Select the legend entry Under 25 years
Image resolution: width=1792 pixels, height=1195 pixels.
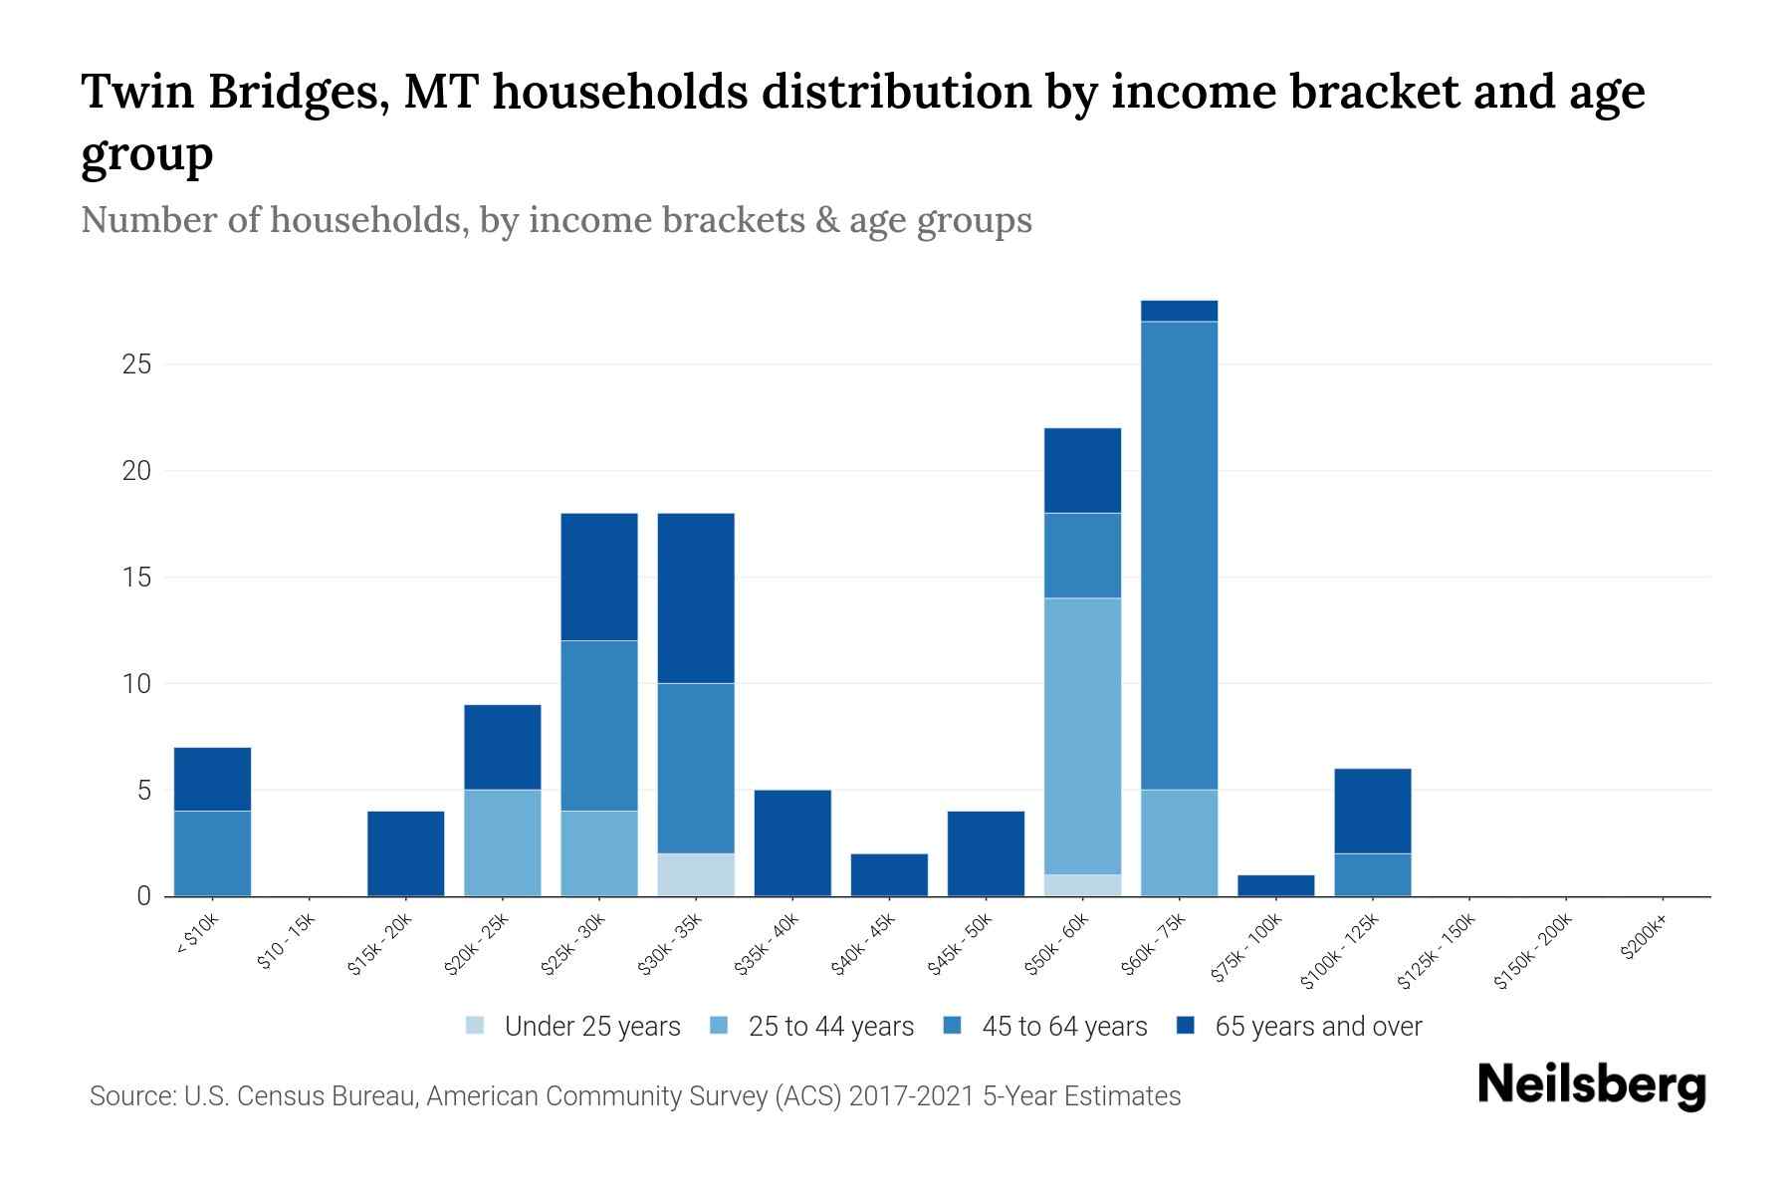tap(591, 1027)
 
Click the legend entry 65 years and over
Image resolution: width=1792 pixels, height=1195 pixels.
tap(1317, 1027)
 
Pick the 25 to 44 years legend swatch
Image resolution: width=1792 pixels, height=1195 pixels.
tap(719, 1026)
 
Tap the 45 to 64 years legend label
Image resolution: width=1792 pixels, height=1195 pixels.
tap(1063, 1027)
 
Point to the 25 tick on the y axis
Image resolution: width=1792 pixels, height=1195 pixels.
tap(136, 364)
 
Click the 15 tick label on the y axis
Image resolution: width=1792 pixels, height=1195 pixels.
tap(136, 578)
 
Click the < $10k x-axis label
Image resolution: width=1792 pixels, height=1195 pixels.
tap(198, 936)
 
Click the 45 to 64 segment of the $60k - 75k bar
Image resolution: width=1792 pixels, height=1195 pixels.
tap(1179, 556)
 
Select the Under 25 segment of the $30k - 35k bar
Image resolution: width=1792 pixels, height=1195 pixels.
tap(696, 874)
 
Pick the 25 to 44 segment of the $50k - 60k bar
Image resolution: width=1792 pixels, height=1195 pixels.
tap(1082, 736)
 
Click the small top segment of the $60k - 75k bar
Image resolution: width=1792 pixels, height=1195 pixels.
tap(1179, 311)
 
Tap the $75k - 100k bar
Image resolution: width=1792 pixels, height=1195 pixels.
tap(1275, 885)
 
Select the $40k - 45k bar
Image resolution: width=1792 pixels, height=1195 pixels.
tap(889, 874)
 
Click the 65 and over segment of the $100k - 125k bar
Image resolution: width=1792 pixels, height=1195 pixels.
tap(1372, 811)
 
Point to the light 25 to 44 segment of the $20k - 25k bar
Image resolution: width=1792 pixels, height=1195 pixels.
tap(503, 842)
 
